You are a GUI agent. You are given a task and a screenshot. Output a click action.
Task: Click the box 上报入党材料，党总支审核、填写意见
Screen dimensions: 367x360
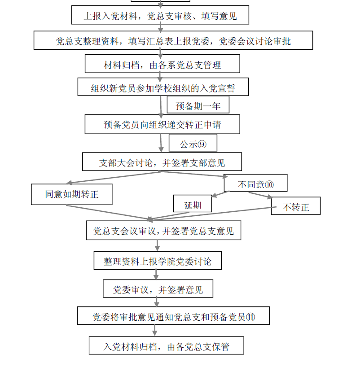pyautogui.click(x=160, y=16)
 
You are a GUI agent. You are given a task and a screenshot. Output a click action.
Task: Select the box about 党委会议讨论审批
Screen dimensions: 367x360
pyautogui.click(x=173, y=41)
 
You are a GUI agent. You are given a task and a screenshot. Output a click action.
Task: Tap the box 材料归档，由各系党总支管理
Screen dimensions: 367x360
pyautogui.click(x=162, y=65)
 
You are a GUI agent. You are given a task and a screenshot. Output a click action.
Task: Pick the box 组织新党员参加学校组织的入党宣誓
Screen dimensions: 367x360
pyautogui.click(x=163, y=88)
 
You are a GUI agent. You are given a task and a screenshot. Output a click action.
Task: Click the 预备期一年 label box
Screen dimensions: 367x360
pyautogui.click(x=198, y=106)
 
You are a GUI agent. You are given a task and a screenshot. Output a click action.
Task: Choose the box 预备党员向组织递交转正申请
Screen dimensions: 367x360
pyautogui.click(x=162, y=125)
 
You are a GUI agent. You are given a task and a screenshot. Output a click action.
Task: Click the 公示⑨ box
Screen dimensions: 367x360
pyautogui.click(x=193, y=144)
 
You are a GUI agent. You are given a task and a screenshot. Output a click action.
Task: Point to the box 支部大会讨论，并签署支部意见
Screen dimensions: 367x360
pyautogui.click(x=162, y=162)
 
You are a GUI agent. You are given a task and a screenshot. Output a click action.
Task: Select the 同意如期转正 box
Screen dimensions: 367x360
pyautogui.click(x=71, y=195)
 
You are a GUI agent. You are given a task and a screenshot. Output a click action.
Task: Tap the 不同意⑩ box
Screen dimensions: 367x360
pyautogui.click(x=255, y=184)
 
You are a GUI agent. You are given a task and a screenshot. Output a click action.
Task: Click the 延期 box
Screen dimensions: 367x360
pyautogui.click(x=193, y=205)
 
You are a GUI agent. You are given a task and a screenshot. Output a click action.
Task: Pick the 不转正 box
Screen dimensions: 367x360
pyautogui.click(x=295, y=207)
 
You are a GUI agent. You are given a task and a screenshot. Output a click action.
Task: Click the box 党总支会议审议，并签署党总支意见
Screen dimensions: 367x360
pyautogui.click(x=163, y=231)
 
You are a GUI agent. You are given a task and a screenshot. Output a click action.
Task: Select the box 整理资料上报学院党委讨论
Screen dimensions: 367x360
pyautogui.click(x=158, y=261)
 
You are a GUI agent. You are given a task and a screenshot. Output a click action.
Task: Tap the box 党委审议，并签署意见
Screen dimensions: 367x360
pyautogui.click(x=158, y=289)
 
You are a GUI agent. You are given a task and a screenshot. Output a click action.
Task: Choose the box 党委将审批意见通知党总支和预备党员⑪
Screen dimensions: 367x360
pyautogui.click(x=174, y=317)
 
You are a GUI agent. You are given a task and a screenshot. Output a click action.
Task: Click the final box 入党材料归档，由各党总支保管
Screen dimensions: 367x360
pyautogui.click(x=167, y=346)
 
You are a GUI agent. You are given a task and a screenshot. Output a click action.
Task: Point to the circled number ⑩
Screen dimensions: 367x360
pyautogui.click(x=269, y=184)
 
